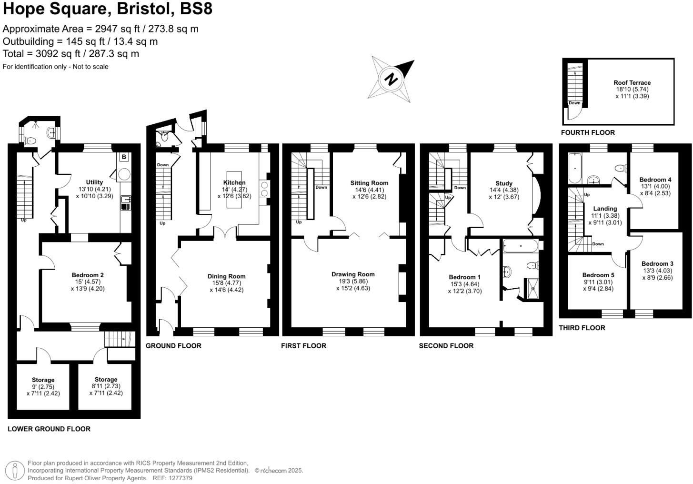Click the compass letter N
pos(391,79)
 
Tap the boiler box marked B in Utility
pos(124,157)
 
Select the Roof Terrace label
pos(632,82)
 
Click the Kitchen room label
pos(234,182)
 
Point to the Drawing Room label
pos(353,274)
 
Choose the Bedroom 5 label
pos(598,275)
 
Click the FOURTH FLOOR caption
pos(588,132)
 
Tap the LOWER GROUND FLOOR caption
pos(49,429)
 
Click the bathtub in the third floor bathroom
pos(575,168)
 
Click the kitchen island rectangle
pos(234,190)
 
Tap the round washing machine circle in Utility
pos(124,174)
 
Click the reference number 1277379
pos(181,478)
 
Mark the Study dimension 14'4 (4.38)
pos(504,190)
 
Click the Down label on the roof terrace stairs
pos(574,103)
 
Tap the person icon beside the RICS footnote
pos(15,471)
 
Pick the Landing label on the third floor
pos(605,209)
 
